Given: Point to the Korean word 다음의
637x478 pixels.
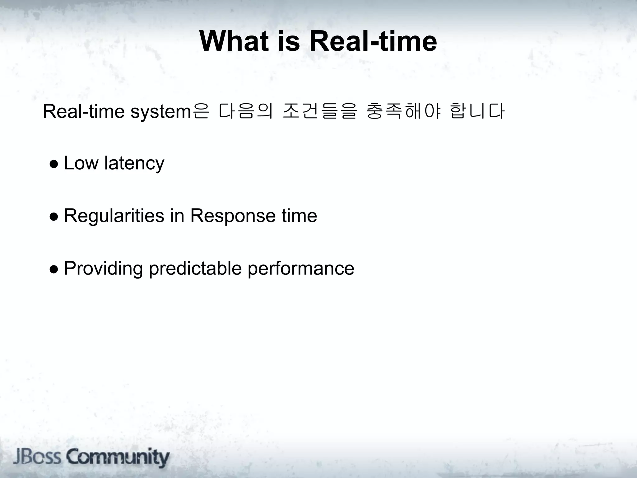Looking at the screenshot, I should coord(246,111).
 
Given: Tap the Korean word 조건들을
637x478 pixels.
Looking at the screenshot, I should coord(319,111).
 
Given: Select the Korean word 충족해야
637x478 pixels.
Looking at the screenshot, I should coord(403,111).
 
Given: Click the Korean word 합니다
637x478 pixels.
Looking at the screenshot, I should coord(477,111).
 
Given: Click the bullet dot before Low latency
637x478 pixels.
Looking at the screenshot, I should coord(53,164).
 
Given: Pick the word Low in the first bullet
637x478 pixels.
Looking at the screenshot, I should coord(81,163).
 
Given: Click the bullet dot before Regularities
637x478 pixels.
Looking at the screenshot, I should coord(53,217).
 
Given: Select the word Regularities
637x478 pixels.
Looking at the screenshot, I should coord(114,216).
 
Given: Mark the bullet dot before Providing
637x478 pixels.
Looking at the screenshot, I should coord(53,269).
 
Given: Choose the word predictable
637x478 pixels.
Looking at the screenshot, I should coord(195,268).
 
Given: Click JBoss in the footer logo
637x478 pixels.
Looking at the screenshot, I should coord(37,457).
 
